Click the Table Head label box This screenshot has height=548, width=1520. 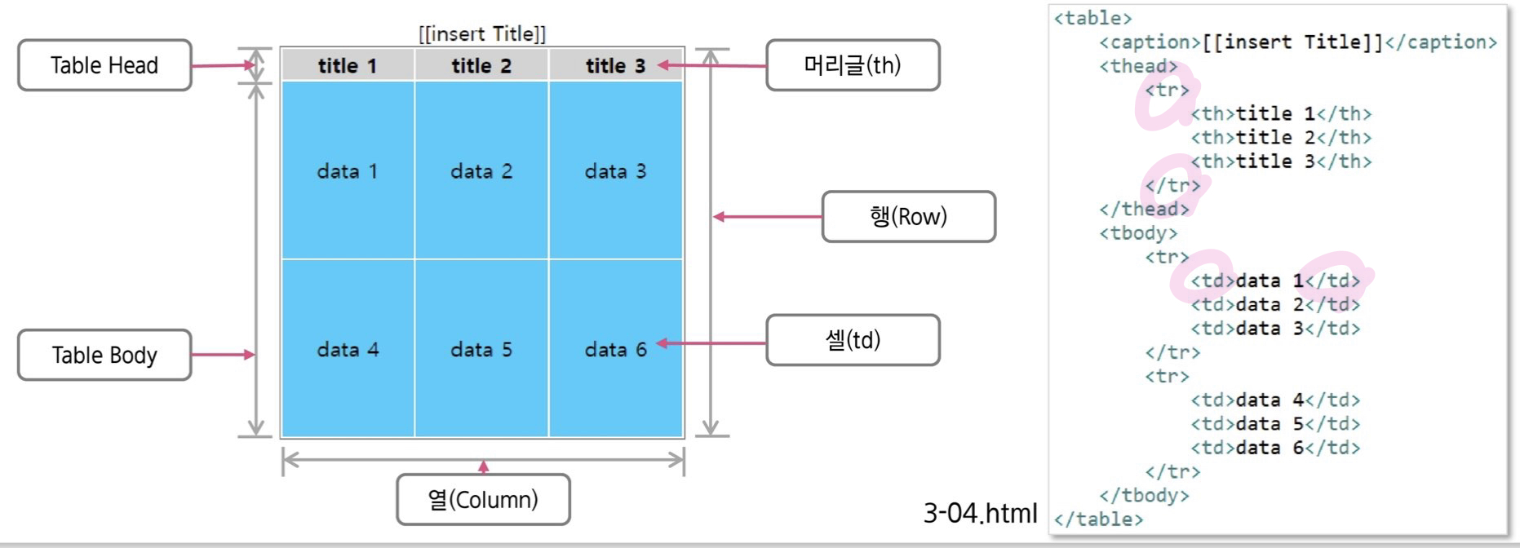104,65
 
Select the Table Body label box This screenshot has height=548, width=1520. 104,355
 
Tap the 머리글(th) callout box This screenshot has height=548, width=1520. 853,65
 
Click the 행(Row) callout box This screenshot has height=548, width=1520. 908,217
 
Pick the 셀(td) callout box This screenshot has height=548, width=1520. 853,340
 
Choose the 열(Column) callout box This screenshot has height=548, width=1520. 483,500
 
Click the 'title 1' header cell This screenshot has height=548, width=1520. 348,66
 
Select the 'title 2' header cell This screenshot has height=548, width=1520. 481,66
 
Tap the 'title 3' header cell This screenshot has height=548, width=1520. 615,66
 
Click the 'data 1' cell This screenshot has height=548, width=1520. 348,171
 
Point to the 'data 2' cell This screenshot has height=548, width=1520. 481,171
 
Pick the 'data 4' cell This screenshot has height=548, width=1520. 348,350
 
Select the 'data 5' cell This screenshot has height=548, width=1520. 481,350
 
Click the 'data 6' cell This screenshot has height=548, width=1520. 615,350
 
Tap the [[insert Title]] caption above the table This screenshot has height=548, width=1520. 482,34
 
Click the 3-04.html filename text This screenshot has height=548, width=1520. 980,513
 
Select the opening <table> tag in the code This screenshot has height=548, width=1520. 1092,18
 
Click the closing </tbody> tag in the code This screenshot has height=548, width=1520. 1144,495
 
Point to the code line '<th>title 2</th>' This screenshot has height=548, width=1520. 1281,137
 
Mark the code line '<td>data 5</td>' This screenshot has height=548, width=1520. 1275,424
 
